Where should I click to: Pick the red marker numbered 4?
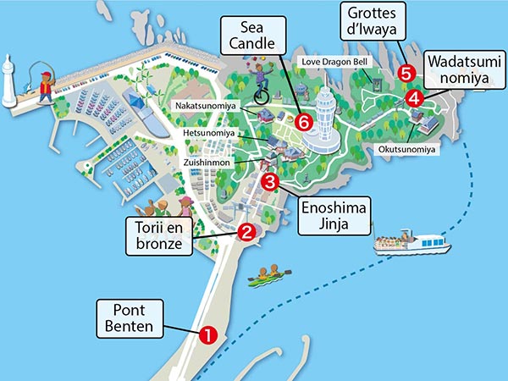414,98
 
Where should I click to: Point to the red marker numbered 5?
406,73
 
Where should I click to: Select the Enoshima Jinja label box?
335,215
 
